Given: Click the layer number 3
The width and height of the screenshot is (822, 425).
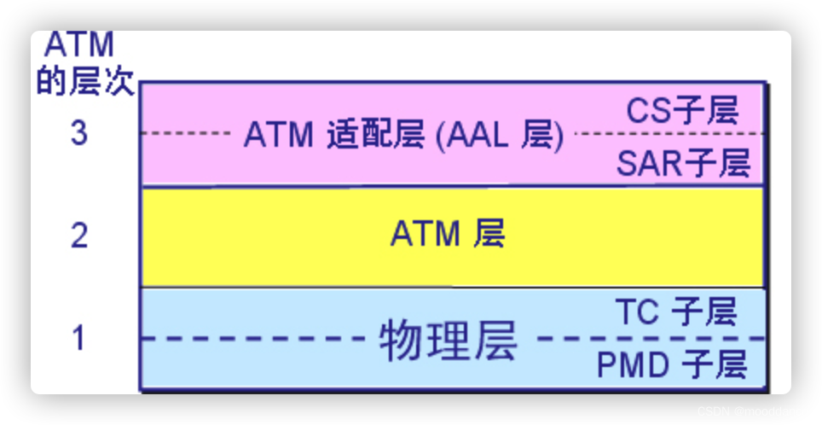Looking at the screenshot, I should tap(78, 133).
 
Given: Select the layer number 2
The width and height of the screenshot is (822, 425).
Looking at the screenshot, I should tap(78, 235).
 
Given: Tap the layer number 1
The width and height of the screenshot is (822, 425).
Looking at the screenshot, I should tap(78, 338).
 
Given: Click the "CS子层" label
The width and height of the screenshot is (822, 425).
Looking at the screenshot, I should tap(682, 110).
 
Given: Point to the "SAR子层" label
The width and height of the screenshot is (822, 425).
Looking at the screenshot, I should tap(682, 162).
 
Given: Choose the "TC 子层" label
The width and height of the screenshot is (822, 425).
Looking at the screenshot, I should tap(674, 312).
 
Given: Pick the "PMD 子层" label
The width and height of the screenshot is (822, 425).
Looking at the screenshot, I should tap(671, 365).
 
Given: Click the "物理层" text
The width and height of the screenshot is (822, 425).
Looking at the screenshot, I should tap(448, 341).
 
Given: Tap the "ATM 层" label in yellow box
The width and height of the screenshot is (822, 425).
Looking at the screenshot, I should tap(448, 233).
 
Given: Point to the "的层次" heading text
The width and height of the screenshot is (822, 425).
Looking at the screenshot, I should tap(85, 84).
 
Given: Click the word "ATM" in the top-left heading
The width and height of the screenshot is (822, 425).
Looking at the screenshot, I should tap(78, 44).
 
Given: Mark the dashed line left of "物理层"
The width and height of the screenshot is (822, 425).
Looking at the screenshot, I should tap(256, 339).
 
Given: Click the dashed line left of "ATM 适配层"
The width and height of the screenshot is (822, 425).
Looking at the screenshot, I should tap(188, 134).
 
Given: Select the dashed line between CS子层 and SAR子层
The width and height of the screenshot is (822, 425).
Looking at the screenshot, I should tap(669, 134).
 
